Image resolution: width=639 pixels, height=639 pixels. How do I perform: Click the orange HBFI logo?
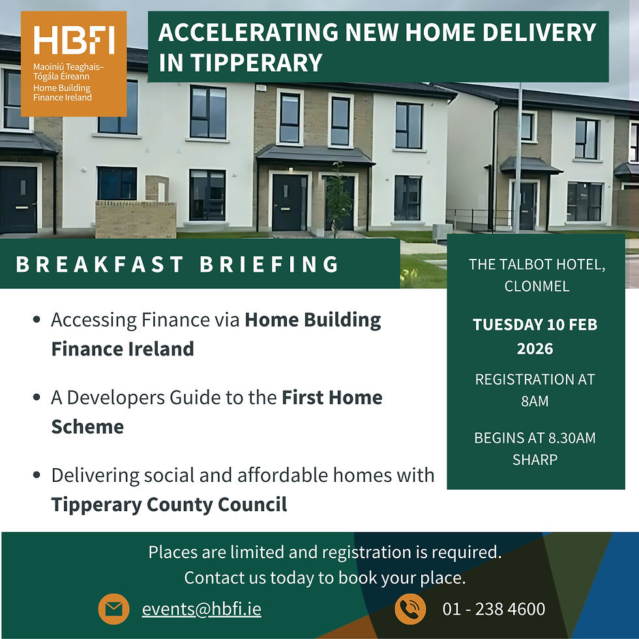pos(74,63)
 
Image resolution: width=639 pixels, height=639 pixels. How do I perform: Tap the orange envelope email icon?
pos(114,609)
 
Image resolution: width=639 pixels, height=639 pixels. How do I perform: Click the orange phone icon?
pos(410,609)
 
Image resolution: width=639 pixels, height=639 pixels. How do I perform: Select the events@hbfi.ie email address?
pos(201,609)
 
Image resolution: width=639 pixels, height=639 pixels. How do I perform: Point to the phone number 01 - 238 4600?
pos(494,609)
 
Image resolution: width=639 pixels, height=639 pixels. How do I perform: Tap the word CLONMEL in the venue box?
pos(537,286)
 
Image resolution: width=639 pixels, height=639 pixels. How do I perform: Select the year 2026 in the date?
pos(535,349)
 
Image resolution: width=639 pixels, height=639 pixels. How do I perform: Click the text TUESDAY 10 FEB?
pos(535,324)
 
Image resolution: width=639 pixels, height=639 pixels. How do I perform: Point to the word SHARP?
pos(535,459)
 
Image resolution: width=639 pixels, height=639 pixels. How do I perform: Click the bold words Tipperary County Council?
pos(170,504)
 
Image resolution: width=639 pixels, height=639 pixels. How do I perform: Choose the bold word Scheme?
pos(87,426)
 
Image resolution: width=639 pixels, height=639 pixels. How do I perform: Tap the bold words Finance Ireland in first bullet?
pos(123,348)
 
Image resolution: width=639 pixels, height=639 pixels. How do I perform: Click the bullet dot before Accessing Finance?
pos(37,320)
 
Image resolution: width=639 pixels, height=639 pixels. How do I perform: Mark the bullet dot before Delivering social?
pos(37,475)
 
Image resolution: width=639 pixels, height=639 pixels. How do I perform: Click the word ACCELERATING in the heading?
pos(248,32)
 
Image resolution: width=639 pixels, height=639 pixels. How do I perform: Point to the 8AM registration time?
pos(535,401)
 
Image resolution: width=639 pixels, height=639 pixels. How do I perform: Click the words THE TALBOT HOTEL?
pos(537,265)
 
